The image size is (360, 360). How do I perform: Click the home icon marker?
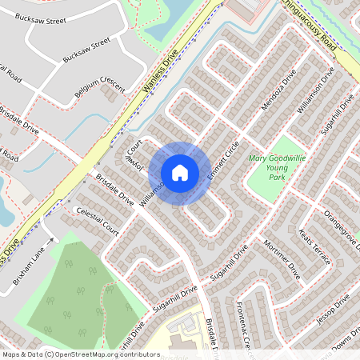tap(180, 172)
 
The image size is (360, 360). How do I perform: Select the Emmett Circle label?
tap(223, 159)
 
